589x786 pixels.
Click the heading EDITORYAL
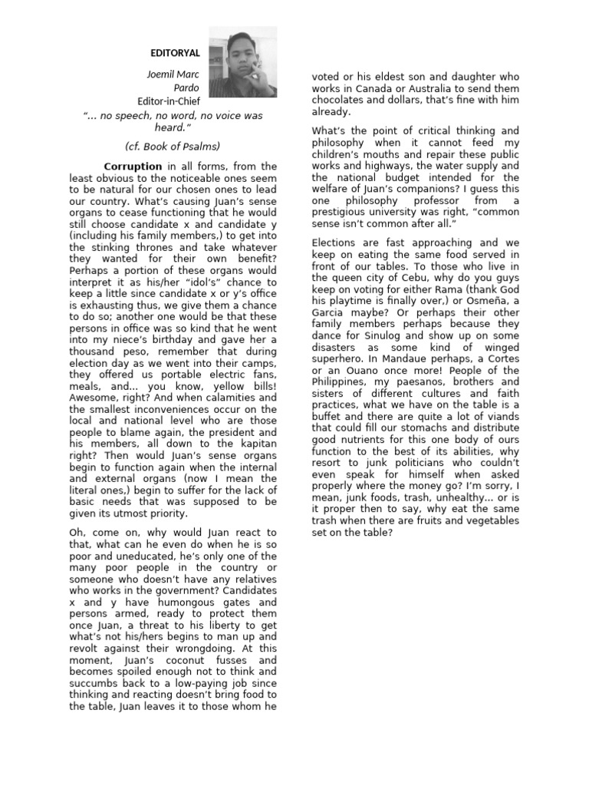pos(175,53)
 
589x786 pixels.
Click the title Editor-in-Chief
pos(169,101)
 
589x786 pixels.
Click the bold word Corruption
pos(133,166)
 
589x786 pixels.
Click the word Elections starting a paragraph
pos(337,243)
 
